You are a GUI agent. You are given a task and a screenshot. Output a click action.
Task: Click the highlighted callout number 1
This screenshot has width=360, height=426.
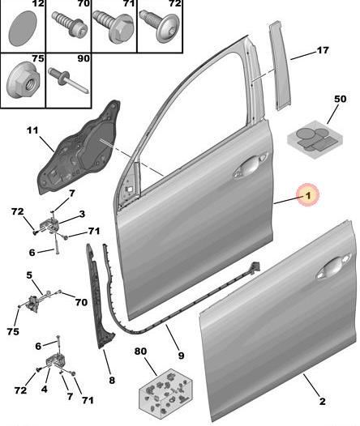pyautogui.click(x=307, y=195)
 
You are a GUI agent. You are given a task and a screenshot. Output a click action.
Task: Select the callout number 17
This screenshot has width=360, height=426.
pyautogui.click(x=323, y=50)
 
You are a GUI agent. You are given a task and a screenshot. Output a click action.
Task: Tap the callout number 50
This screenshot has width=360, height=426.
pyautogui.click(x=340, y=99)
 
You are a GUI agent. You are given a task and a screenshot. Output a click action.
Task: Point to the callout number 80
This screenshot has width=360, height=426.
pyautogui.click(x=140, y=351)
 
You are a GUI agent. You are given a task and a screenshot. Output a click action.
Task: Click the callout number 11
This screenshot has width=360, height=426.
pyautogui.click(x=32, y=130)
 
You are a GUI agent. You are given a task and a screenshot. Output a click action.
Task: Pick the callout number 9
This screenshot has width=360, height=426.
pyautogui.click(x=181, y=356)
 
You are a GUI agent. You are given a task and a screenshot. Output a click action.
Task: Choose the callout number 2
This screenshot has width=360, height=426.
pyautogui.click(x=322, y=401)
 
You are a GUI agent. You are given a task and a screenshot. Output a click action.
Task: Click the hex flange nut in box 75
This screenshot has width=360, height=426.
pyautogui.click(x=24, y=80)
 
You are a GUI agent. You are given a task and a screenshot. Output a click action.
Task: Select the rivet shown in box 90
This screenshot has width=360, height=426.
pyautogui.click(x=68, y=80)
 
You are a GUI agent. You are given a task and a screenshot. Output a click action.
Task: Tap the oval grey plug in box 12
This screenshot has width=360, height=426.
pyautogui.click(x=23, y=28)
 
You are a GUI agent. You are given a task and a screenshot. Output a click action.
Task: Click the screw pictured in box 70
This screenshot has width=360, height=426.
pyautogui.click(x=70, y=24)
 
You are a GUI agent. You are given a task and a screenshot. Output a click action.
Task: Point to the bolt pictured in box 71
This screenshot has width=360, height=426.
pyautogui.click(x=114, y=27)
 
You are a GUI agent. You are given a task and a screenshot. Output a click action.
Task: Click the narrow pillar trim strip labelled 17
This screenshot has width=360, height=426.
pyautogui.click(x=280, y=66)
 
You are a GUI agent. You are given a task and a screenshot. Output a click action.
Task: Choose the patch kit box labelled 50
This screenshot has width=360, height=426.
pyautogui.click(x=315, y=139)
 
